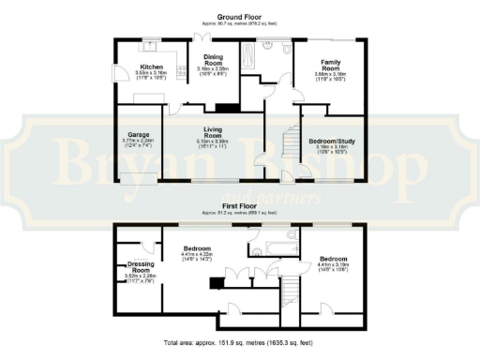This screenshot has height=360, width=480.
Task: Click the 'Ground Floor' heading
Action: point(239,17)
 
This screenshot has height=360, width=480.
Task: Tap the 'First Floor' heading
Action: point(240,203)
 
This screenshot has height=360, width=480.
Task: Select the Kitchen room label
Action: point(153,67)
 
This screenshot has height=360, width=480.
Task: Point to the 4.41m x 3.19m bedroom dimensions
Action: point(333,265)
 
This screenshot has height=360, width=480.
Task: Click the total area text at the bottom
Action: point(239,344)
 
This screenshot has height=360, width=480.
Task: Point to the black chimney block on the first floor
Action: point(215,282)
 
